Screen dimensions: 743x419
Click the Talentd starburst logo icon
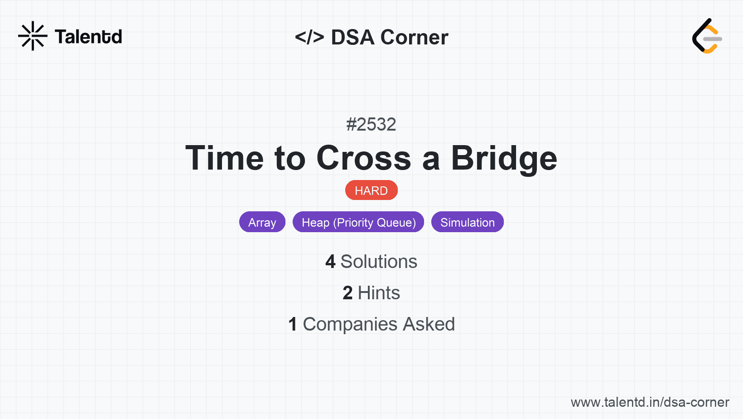click(x=33, y=36)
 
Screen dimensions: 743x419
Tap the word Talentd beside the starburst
click(x=88, y=37)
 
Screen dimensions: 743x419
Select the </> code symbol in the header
click(x=309, y=37)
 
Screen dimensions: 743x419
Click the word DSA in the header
click(x=352, y=37)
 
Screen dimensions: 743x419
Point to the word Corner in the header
click(x=414, y=37)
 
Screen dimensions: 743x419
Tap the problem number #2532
click(x=371, y=125)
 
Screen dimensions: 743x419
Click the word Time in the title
click(x=225, y=158)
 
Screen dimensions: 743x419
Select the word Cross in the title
click(x=363, y=158)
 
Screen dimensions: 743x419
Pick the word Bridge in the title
click(x=504, y=159)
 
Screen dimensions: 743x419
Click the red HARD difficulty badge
click(x=371, y=190)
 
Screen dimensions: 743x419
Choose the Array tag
click(x=262, y=222)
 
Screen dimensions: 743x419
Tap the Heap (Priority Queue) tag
click(x=358, y=222)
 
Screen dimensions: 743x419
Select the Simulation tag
click(x=468, y=222)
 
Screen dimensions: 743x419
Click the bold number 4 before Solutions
click(x=330, y=262)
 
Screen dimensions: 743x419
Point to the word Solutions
click(x=379, y=262)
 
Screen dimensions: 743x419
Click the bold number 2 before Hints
click(x=347, y=293)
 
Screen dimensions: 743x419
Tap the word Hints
click(x=379, y=293)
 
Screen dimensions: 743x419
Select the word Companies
click(x=350, y=324)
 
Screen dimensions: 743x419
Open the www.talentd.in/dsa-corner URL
click(x=650, y=402)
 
